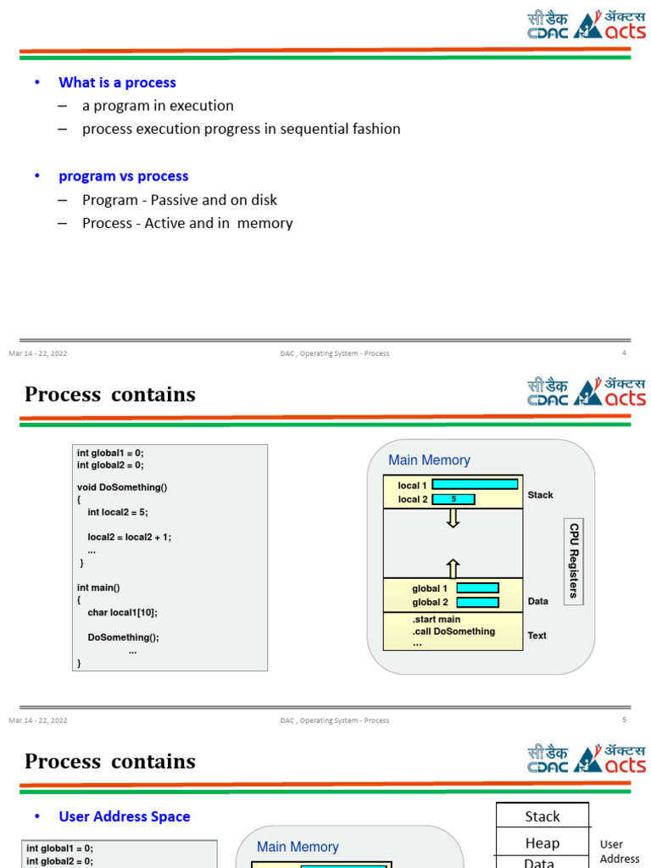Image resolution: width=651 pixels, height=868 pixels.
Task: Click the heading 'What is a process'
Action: [117, 82]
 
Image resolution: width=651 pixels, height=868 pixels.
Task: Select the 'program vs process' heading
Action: [123, 176]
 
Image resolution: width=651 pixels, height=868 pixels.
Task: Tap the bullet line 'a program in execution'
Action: [158, 106]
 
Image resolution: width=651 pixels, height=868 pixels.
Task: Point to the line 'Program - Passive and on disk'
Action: [179, 200]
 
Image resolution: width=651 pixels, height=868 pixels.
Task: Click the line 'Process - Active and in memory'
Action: [187, 223]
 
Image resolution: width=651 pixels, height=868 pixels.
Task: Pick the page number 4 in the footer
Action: [624, 353]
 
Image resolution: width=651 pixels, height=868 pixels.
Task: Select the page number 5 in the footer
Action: [624, 721]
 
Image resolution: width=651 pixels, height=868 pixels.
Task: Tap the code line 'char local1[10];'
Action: [122, 612]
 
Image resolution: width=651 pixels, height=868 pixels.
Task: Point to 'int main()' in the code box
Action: [98, 587]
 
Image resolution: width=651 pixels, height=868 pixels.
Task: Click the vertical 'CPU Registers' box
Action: [574, 561]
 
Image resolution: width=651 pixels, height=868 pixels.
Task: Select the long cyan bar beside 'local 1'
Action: [475, 484]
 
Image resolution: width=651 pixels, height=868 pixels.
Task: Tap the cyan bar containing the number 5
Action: [453, 499]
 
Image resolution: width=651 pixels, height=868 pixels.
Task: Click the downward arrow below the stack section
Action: [453, 518]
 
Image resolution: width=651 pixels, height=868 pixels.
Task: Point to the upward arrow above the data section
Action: [453, 569]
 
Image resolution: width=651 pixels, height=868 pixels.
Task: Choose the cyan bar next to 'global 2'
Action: [477, 602]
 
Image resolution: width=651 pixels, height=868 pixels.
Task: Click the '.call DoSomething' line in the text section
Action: [453, 632]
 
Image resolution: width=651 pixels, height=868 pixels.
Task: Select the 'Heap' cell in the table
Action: [542, 843]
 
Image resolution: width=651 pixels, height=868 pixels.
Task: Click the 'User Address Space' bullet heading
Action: [124, 816]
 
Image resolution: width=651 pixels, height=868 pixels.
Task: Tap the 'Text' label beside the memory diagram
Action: [537, 635]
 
